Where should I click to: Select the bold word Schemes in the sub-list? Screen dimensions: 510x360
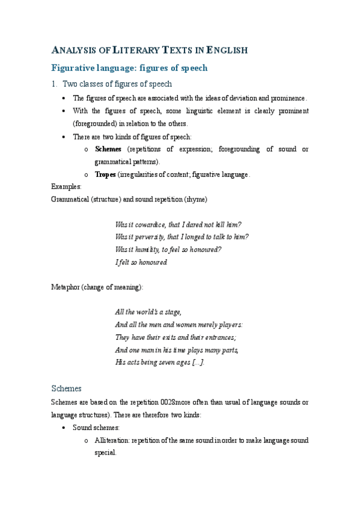coord(108,149)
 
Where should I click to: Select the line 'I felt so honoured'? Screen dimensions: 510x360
coord(141,262)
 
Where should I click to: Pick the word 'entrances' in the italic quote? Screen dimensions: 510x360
coord(219,337)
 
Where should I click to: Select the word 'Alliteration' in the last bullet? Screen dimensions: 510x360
coord(112,440)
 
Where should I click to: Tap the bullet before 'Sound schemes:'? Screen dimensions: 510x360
coord(64,428)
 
